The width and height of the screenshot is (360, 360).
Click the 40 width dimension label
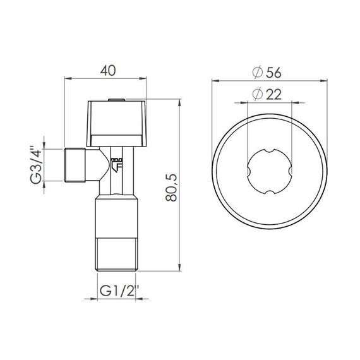[x=108, y=71]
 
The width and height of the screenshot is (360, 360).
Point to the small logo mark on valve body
[x=116, y=164]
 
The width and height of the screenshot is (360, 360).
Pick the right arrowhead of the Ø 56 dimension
[x=327, y=80]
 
